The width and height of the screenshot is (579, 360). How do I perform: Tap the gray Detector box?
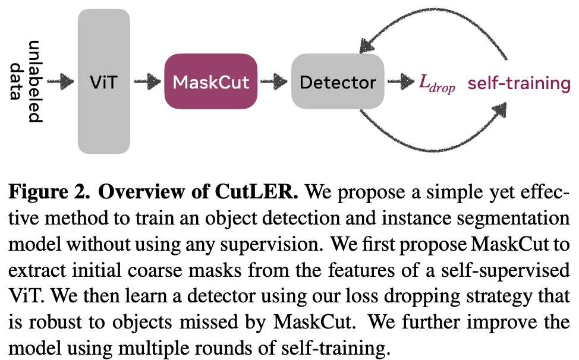337,82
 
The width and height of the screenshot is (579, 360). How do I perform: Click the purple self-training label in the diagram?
519,83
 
